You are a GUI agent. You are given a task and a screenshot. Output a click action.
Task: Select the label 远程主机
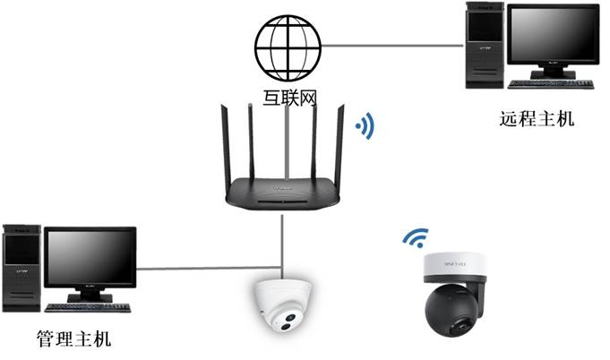pyautogui.click(x=537, y=119)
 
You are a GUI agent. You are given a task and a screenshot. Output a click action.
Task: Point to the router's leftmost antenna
pyautogui.click(x=227, y=143)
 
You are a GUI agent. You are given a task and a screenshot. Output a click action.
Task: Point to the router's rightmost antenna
pyautogui.click(x=341, y=143)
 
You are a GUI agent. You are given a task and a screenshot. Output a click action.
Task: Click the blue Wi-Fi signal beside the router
pyautogui.click(x=365, y=126)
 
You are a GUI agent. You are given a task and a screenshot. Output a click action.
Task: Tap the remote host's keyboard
pyautogui.click(x=550, y=84)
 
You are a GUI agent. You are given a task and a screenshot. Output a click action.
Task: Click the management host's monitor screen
pyautogui.click(x=90, y=260)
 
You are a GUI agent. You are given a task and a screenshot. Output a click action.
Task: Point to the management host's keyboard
pyautogui.click(x=88, y=306)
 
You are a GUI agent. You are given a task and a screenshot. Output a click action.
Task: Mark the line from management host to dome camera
pyautogui.click(x=202, y=268)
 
